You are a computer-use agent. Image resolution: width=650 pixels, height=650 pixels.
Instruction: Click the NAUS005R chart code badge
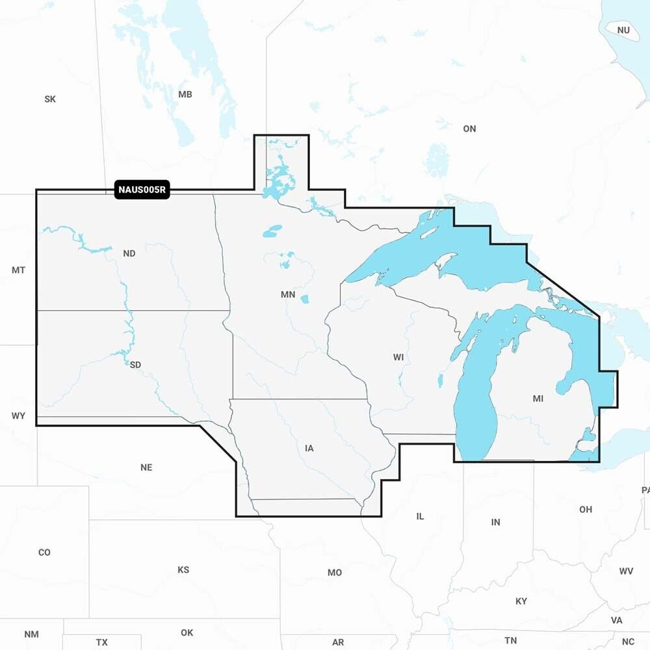point(142,190)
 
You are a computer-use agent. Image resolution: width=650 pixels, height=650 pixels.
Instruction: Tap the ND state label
point(129,253)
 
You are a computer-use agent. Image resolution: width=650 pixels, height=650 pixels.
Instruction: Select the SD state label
point(135,365)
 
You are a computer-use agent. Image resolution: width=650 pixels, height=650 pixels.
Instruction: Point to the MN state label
point(288,294)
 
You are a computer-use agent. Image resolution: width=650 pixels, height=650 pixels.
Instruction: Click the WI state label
point(398,357)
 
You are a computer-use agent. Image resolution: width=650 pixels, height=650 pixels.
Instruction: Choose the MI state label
point(538,398)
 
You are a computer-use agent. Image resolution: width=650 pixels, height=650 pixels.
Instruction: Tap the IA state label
point(309,448)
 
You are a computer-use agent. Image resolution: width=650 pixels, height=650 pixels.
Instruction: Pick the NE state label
point(146,467)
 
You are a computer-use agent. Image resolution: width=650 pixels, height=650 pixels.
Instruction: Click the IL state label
point(420,516)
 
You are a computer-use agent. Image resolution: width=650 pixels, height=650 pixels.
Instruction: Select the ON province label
point(469,129)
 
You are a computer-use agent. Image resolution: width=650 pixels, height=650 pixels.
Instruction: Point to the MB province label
point(185,94)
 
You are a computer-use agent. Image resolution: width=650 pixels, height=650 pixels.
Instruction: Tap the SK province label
point(50,99)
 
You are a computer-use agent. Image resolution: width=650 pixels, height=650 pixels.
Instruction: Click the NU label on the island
point(623,30)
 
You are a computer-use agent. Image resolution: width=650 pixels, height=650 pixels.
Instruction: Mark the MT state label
point(18,270)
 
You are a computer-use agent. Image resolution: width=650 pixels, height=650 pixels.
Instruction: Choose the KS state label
point(183,570)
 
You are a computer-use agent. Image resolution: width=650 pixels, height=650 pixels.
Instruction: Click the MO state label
point(335,573)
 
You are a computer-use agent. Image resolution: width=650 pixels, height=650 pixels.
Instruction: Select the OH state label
point(586,510)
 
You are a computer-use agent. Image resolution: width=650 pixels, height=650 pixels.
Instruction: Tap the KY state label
point(521,601)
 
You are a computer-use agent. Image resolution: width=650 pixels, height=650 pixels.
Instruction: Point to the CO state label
point(44,552)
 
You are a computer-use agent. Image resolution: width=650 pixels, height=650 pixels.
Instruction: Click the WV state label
point(626,571)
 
